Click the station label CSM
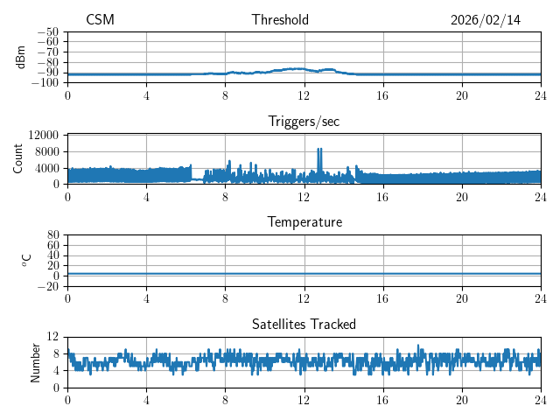(x=100, y=20)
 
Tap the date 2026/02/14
(x=486, y=20)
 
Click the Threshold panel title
(x=280, y=20)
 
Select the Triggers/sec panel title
(x=304, y=122)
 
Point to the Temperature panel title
(x=304, y=222)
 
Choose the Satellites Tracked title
(x=304, y=324)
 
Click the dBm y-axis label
(x=20, y=56)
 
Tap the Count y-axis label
(x=18, y=158)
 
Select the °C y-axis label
(x=26, y=260)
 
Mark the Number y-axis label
(x=35, y=361)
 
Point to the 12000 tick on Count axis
(x=43, y=135)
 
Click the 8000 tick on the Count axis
(x=46, y=150)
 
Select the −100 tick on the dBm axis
(x=47, y=83)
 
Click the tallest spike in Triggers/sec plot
(x=319, y=150)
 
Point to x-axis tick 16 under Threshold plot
(x=383, y=95)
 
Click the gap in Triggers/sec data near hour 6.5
(x=197, y=177)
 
